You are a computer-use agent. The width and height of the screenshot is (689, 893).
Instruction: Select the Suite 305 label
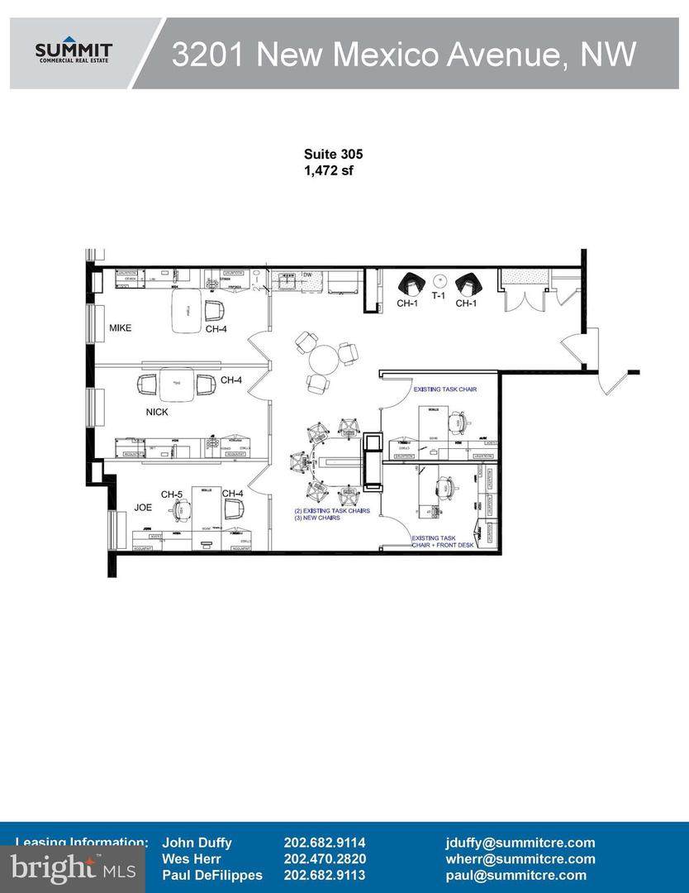tap(333, 154)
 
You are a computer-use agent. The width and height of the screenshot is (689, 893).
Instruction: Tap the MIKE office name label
tap(121, 328)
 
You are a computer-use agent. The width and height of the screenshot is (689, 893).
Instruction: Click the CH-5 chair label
tap(172, 494)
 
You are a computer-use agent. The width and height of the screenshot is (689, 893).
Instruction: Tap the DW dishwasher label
tap(306, 274)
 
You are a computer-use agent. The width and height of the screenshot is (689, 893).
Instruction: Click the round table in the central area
tap(325, 359)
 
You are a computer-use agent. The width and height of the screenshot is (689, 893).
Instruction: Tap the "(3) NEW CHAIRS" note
tap(317, 518)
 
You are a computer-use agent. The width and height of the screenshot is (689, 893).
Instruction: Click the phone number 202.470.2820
tap(325, 859)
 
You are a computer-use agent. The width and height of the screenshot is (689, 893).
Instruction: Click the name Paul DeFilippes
tap(212, 875)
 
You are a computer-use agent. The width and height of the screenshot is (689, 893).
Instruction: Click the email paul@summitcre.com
tap(516, 875)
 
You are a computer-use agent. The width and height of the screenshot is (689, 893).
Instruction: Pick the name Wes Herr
tap(192, 859)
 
